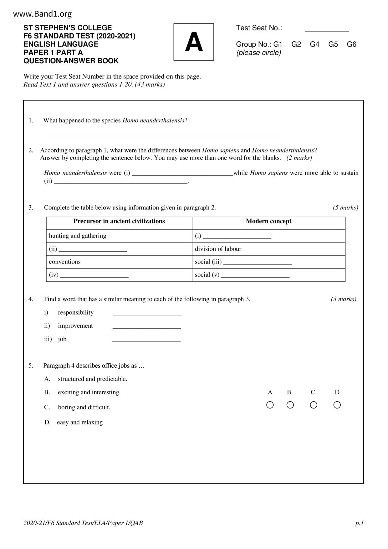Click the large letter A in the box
tap(194, 42)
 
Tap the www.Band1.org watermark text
tap(43, 14)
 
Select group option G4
tap(314, 44)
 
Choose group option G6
tap(351, 44)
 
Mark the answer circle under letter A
tap(270, 405)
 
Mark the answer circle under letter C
tap(314, 405)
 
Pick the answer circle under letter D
tap(337, 405)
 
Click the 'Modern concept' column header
tap(268, 221)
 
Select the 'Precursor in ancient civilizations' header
tap(119, 221)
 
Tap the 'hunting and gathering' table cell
tap(78, 236)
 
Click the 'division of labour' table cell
tap(218, 249)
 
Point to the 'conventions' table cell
tap(65, 262)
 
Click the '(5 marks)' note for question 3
tap(345, 208)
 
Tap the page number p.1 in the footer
tap(360, 523)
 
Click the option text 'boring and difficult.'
tap(84, 407)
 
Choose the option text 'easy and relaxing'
tap(80, 422)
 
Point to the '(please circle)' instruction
tap(259, 53)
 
